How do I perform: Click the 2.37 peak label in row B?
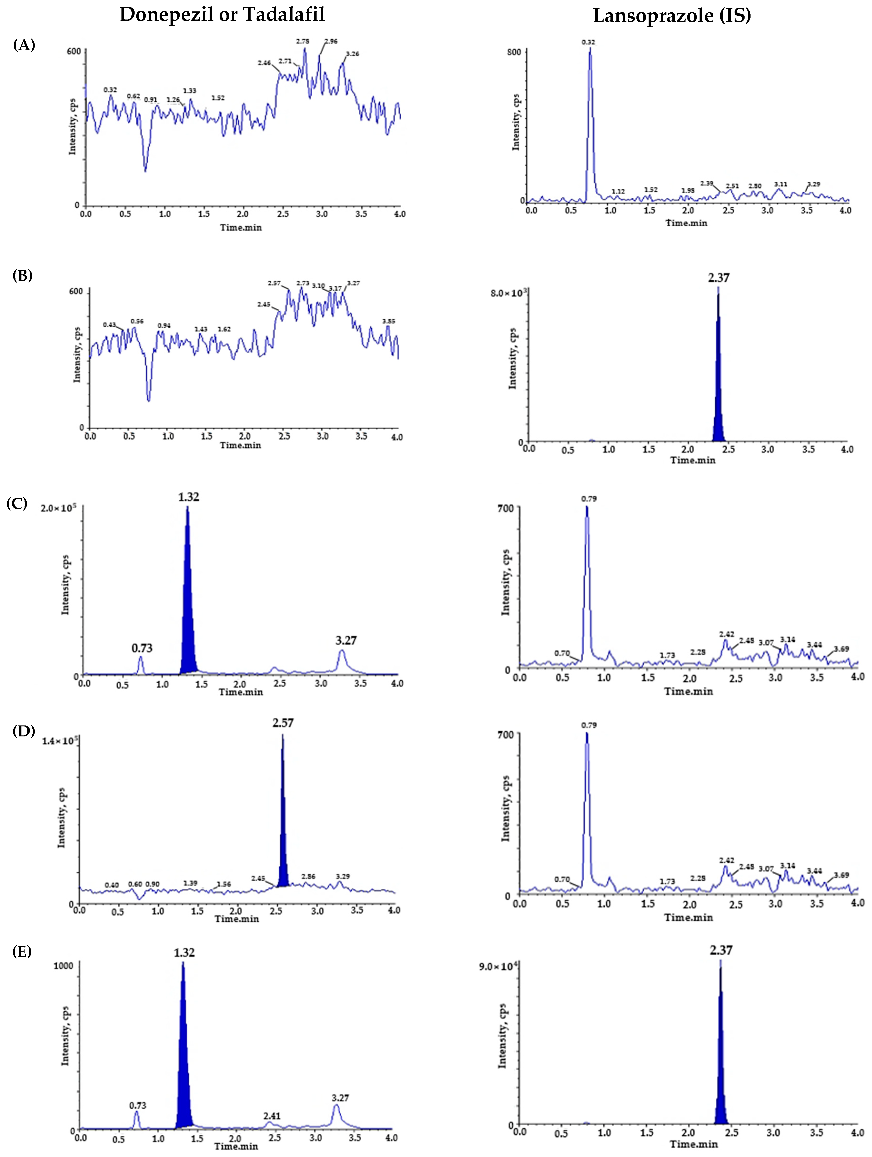click(x=719, y=278)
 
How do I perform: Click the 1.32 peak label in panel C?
click(x=188, y=497)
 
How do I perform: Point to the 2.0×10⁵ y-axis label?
click(x=58, y=508)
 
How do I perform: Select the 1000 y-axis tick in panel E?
click(x=63, y=966)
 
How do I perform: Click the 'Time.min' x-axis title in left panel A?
click(x=241, y=228)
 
